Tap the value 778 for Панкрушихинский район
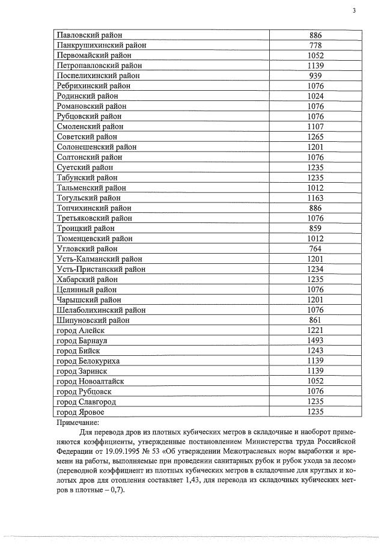[315, 45]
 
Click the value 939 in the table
[315, 76]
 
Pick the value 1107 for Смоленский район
[315, 127]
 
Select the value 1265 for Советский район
[315, 137]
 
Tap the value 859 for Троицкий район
[315, 228]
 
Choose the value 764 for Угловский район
[315, 249]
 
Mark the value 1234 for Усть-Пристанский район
[315, 269]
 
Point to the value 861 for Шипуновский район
[315, 320]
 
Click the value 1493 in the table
[315, 340]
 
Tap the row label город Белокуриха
[88, 361]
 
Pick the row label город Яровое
[80, 412]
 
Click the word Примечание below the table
[78, 423]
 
